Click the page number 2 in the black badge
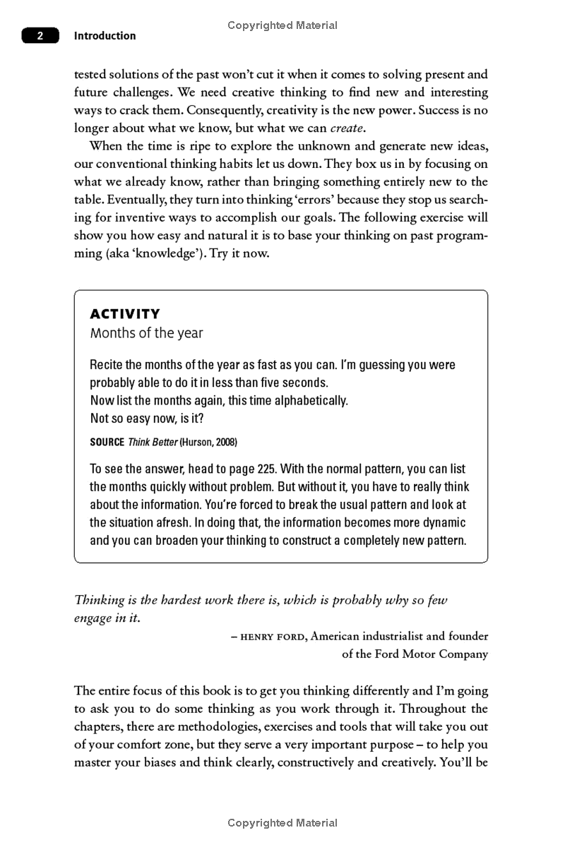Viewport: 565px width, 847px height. [40, 36]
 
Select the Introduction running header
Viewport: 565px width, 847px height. [105, 36]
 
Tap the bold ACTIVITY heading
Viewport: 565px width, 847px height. [125, 314]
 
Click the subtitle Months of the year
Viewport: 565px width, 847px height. [146, 333]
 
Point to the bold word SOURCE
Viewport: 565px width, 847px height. [107, 442]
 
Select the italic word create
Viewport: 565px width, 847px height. [347, 128]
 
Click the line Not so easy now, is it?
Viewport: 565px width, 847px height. [147, 419]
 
